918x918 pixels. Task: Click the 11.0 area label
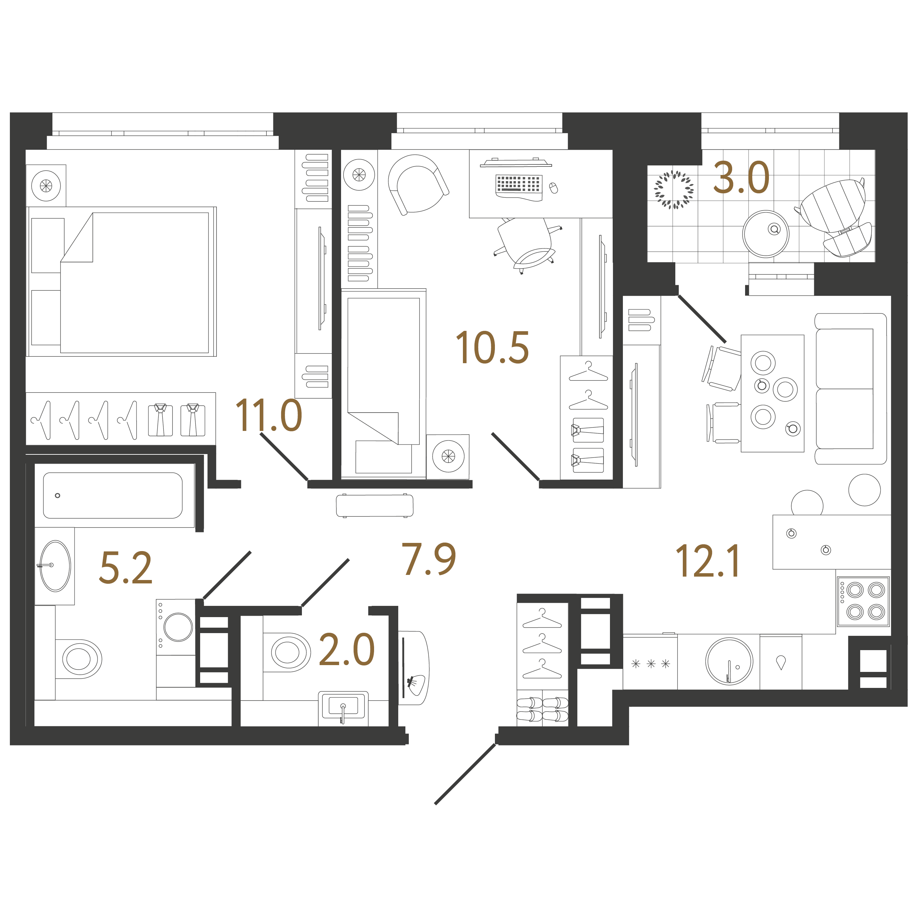pos(269,415)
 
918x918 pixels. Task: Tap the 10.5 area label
pos(492,348)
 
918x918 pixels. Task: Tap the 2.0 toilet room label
pos(347,649)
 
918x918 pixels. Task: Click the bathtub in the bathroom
pos(113,495)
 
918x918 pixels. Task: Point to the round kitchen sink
pos(729,661)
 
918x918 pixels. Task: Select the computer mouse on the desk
pos(553,188)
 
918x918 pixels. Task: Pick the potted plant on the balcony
pos(673,190)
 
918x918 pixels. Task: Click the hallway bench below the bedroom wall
pos(374,505)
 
